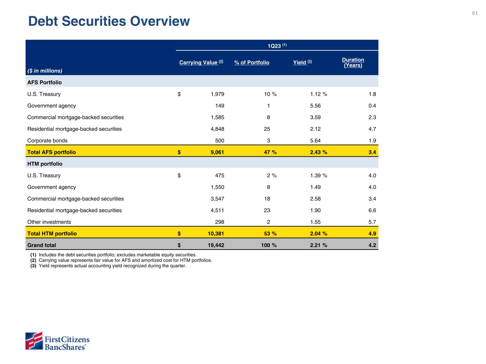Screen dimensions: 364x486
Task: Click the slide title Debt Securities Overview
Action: click(x=109, y=21)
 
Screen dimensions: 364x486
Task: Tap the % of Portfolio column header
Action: click(x=252, y=63)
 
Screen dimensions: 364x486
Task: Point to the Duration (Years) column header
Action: click(x=353, y=63)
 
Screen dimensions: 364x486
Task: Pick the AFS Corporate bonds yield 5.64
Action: click(x=315, y=140)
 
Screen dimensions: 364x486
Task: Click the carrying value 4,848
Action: click(x=217, y=129)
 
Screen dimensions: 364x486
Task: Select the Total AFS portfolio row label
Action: click(x=52, y=152)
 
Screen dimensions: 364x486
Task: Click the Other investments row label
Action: click(x=49, y=222)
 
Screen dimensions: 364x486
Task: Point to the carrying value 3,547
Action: click(x=217, y=199)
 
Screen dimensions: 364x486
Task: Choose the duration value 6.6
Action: click(x=372, y=210)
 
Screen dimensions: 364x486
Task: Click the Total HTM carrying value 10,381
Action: click(x=216, y=234)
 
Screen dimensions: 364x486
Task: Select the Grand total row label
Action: click(x=42, y=245)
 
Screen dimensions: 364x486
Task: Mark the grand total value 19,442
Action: click(x=216, y=245)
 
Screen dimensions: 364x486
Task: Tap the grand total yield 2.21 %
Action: click(x=318, y=245)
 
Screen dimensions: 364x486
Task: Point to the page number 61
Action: click(x=475, y=13)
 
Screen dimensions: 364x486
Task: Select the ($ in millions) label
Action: click(x=45, y=71)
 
